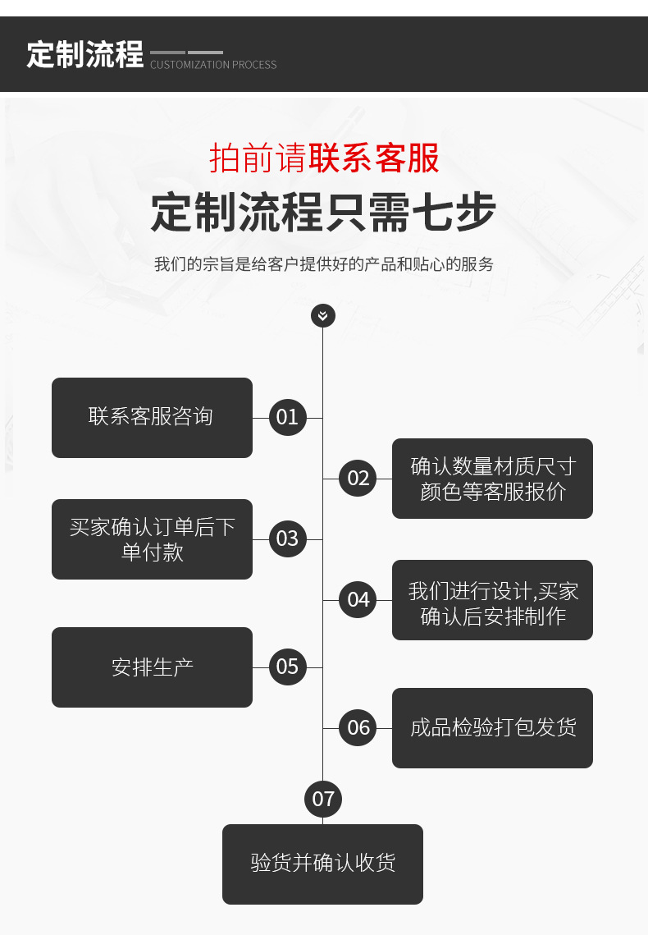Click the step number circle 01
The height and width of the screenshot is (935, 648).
tap(287, 417)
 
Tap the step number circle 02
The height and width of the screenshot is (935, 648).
tap(358, 478)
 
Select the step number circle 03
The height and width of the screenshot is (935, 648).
tap(287, 539)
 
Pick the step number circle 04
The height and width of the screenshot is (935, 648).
tap(358, 599)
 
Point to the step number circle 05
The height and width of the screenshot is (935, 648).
tap(287, 667)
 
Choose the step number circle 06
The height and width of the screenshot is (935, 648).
tap(358, 727)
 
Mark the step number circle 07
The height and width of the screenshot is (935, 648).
tap(323, 799)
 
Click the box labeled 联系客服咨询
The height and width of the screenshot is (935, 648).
tap(152, 417)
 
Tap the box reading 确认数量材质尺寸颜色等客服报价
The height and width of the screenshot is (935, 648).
tap(492, 479)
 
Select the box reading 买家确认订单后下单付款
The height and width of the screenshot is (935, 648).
tap(152, 539)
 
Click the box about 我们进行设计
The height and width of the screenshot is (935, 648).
tap(492, 600)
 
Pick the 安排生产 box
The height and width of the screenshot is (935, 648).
tap(152, 667)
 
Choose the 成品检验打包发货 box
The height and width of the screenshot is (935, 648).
tap(492, 728)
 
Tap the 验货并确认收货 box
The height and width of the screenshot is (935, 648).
tap(322, 864)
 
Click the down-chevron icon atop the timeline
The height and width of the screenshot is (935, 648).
tap(323, 315)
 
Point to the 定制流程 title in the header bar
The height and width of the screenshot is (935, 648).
tap(84, 54)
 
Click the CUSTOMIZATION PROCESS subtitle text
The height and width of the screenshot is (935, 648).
tap(213, 65)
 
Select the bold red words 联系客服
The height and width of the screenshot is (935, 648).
tap(374, 158)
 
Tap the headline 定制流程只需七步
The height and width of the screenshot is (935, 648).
tap(323, 213)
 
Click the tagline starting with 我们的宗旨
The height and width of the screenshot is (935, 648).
tap(324, 264)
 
